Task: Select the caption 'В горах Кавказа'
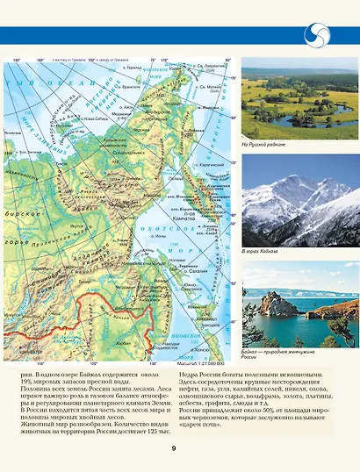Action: pyautogui.click(x=260, y=252)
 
